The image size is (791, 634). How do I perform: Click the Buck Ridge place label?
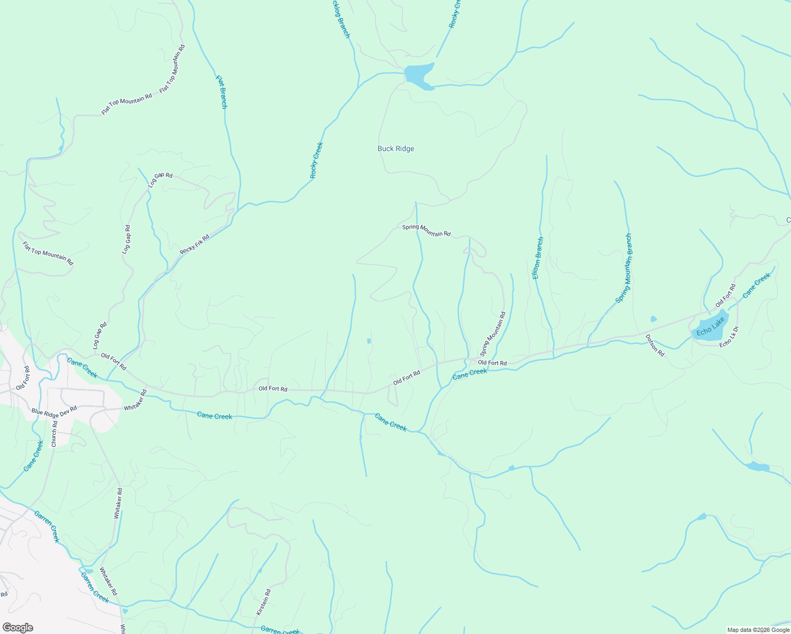tap(395, 149)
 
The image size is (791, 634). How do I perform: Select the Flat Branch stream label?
tap(222, 92)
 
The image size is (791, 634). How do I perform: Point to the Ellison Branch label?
tap(537, 258)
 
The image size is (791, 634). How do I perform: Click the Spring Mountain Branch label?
tap(624, 268)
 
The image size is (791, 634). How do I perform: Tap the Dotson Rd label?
tap(655, 345)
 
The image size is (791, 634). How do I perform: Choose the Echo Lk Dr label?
tap(729, 337)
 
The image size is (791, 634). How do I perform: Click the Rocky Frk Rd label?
tap(195, 244)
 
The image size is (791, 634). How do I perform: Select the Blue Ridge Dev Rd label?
tap(54, 411)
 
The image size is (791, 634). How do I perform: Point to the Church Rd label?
tap(54, 434)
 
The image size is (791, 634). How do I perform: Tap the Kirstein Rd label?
tap(263, 602)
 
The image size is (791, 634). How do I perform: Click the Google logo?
tap(18, 628)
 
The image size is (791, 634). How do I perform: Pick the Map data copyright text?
tap(758, 630)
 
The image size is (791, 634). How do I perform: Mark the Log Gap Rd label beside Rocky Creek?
tap(160, 180)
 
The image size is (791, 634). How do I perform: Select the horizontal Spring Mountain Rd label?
tap(426, 230)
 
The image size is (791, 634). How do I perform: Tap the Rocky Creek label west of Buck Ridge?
tap(316, 160)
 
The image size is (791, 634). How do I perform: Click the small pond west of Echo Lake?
tap(654, 319)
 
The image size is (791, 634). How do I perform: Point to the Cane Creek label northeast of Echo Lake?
tap(757, 286)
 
